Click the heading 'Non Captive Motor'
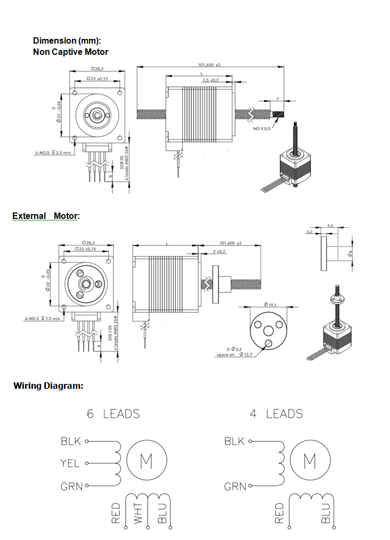pos(70,52)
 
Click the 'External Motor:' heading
pos(46,216)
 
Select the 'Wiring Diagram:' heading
pos(48,386)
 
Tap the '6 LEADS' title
pos(113,414)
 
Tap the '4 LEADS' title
pos(276,414)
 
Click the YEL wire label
pos(70,463)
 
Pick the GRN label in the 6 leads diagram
pos(71,486)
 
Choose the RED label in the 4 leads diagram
pos(279,513)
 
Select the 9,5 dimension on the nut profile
pos(330,226)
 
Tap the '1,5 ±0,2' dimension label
pos(210,80)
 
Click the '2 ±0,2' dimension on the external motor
pos(219,251)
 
